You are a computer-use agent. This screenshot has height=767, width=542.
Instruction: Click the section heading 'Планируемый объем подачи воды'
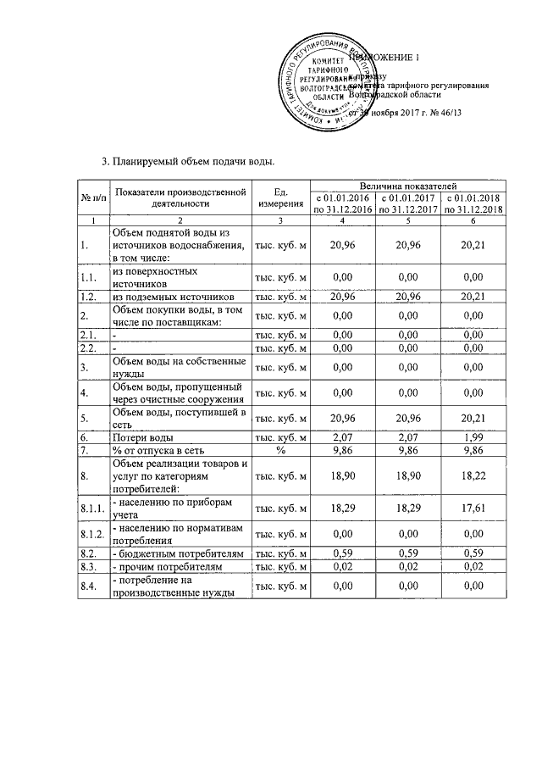coord(188,161)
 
